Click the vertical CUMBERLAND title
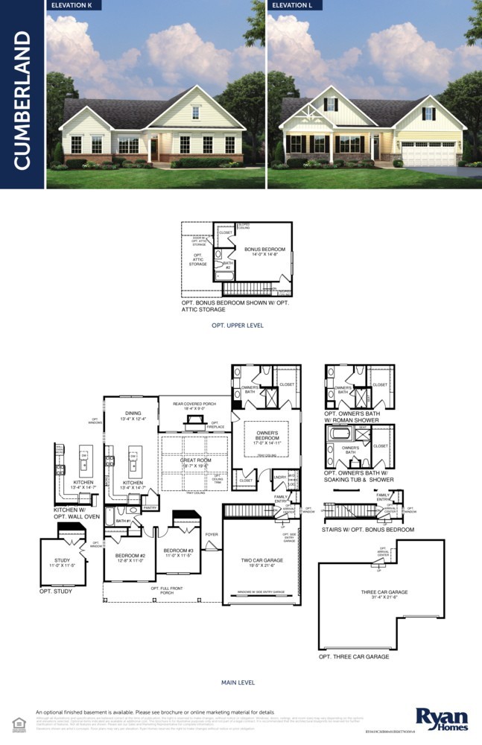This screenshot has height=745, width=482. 22,101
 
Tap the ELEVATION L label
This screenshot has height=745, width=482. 297,5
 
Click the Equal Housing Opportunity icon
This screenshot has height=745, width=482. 19,723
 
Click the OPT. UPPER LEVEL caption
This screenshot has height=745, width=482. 238,326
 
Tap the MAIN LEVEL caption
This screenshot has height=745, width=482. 238,682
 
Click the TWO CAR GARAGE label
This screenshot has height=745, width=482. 260,559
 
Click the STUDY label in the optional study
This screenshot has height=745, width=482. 62,560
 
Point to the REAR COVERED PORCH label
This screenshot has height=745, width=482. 194,405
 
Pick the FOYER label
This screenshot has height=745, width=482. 212,534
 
